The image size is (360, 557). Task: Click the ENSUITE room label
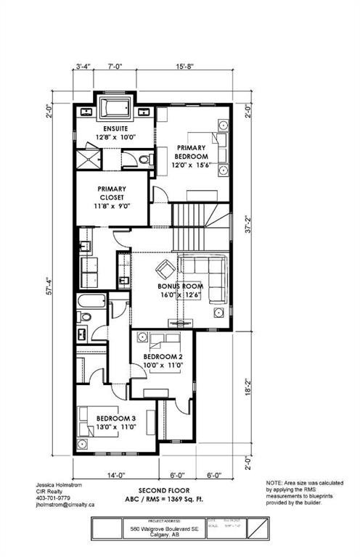tap(116, 129)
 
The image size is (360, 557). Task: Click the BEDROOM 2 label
tap(163, 357)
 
